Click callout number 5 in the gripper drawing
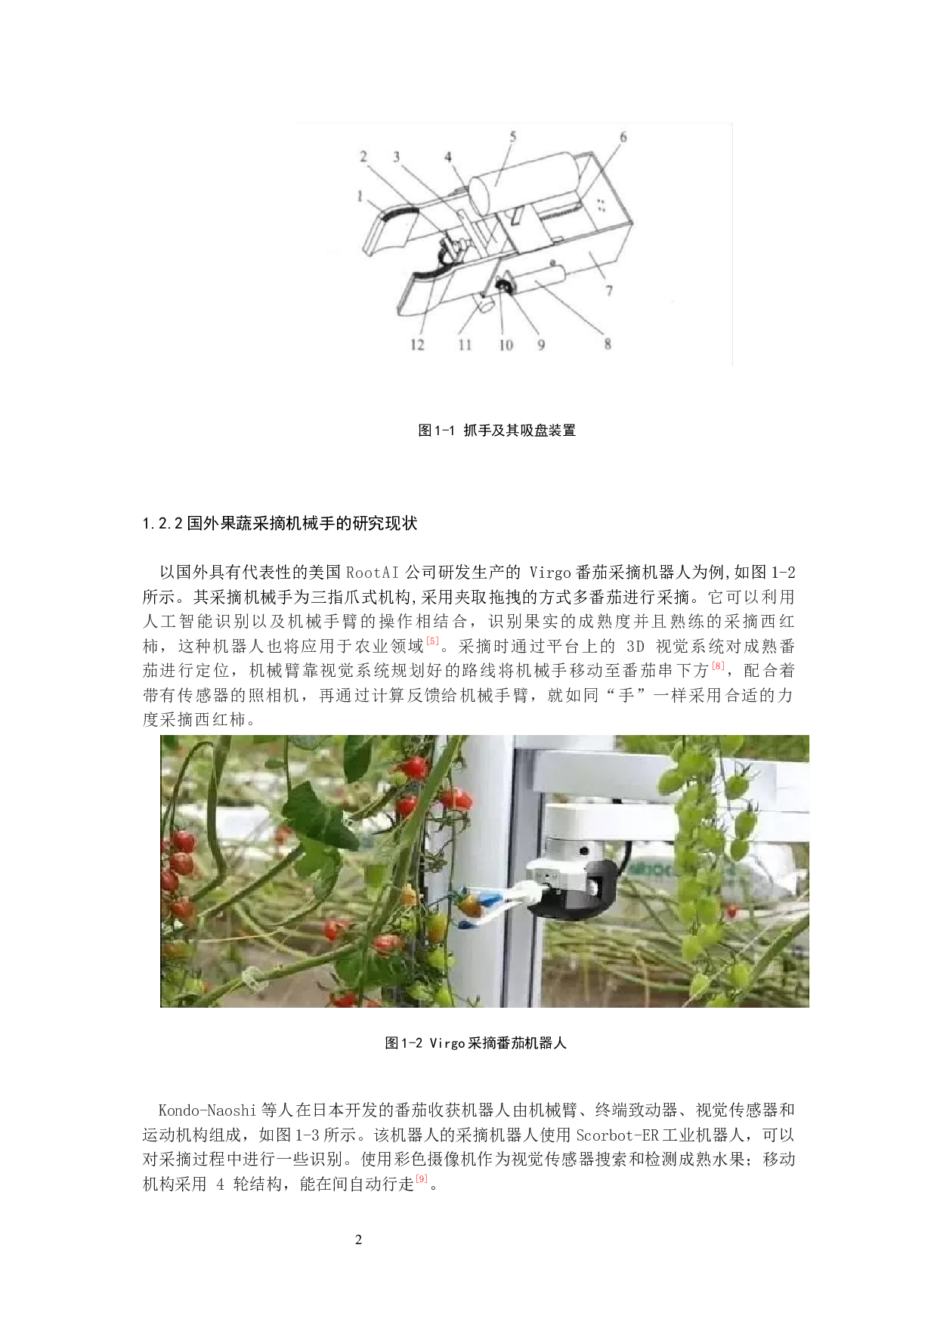[x=513, y=137]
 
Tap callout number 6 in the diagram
[x=623, y=137]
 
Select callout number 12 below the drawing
[x=417, y=344]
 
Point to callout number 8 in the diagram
[x=608, y=344]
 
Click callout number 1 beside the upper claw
[x=360, y=196]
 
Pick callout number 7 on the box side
[x=609, y=290]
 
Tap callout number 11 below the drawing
[x=465, y=344]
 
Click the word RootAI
[x=373, y=572]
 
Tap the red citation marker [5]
[x=432, y=641]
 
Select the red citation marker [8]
[x=718, y=666]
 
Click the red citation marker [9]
[x=422, y=1178]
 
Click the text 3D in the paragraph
[x=635, y=646]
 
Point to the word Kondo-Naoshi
[x=207, y=1110]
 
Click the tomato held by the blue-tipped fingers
[x=468, y=903]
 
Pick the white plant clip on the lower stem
[x=249, y=980]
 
